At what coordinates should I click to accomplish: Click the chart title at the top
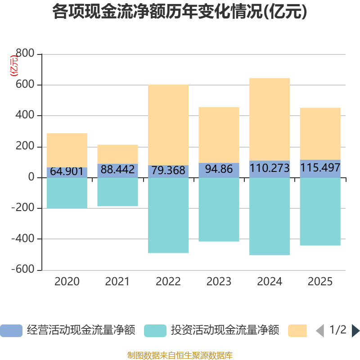[x=180, y=12]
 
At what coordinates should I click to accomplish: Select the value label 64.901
[x=67, y=171]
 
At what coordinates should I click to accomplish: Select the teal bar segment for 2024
[x=270, y=216]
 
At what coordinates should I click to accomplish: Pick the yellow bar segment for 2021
[x=117, y=154]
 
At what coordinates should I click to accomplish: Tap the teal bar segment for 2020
[x=67, y=193]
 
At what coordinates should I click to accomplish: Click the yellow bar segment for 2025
[x=320, y=134]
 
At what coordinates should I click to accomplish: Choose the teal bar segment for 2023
[x=219, y=209]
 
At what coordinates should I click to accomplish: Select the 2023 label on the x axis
[x=219, y=282]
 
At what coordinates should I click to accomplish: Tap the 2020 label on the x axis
[x=67, y=282]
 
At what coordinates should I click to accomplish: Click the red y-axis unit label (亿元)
[x=14, y=66]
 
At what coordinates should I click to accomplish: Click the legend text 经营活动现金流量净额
[x=81, y=330]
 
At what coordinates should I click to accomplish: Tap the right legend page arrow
[x=355, y=331]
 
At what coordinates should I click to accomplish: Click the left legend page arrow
[x=320, y=331]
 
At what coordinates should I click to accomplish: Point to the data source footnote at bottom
[x=180, y=355]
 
